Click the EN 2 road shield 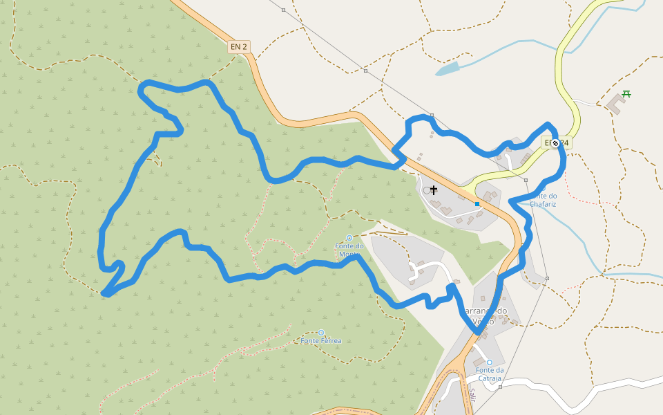pyautogui.click(x=239, y=46)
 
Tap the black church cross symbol pyautogui.click(x=434, y=190)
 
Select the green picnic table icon pyautogui.click(x=626, y=94)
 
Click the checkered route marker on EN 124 pyautogui.click(x=555, y=143)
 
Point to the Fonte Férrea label pyautogui.click(x=321, y=341)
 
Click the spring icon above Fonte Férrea pyautogui.click(x=321, y=333)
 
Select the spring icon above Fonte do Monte pyautogui.click(x=349, y=238)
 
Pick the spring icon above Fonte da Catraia pyautogui.click(x=490, y=362)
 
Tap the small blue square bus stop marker pyautogui.click(x=477, y=204)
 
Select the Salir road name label pyautogui.click(x=472, y=395)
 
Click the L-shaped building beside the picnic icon pyautogui.click(x=615, y=104)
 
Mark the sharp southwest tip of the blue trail pyautogui.click(x=104, y=295)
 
